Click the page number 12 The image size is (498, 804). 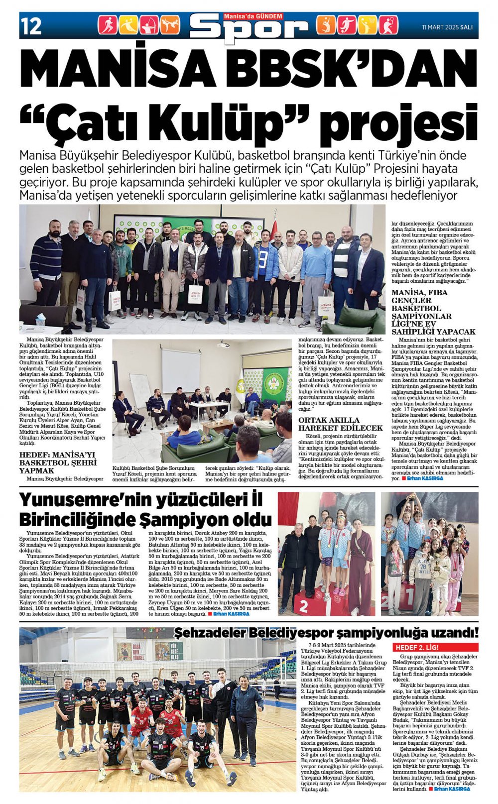coord(31,25)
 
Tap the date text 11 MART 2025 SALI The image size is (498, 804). coord(447,27)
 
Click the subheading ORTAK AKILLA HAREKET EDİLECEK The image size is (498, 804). coord(340,424)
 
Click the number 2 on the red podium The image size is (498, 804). coord(303,605)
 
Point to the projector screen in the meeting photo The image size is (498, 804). coord(180,370)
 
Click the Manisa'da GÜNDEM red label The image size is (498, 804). coord(253,16)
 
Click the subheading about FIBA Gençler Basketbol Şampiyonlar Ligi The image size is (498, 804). coord(433,312)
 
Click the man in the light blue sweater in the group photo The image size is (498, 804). coord(315,276)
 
